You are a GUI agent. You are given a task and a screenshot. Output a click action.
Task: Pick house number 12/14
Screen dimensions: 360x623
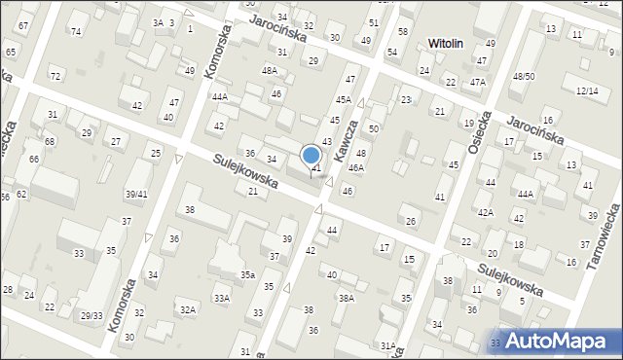click(587, 90)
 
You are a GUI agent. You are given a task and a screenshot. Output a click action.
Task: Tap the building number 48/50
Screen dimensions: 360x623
click(524, 76)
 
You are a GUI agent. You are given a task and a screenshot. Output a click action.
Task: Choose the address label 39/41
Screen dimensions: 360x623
click(135, 194)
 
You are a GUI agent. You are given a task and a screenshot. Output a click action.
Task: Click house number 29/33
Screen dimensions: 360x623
click(92, 315)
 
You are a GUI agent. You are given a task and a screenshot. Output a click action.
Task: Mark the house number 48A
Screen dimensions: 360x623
click(270, 70)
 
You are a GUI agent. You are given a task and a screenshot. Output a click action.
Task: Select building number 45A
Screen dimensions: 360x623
click(344, 99)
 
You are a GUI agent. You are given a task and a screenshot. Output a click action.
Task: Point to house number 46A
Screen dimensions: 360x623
click(357, 168)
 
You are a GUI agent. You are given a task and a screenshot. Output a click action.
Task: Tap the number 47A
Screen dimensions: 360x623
click(477, 83)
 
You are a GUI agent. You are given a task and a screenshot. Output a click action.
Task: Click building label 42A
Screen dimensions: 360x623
click(485, 212)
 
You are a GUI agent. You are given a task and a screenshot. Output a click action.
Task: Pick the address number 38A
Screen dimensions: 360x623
click(346, 298)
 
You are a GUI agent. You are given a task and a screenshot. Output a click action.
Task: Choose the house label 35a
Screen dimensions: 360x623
click(248, 275)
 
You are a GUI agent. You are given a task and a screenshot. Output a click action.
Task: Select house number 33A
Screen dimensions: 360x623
click(222, 298)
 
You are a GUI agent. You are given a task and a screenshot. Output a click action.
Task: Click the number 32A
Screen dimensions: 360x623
click(187, 309)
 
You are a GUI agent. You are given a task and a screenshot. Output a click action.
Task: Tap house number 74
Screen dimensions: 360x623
click(75, 31)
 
